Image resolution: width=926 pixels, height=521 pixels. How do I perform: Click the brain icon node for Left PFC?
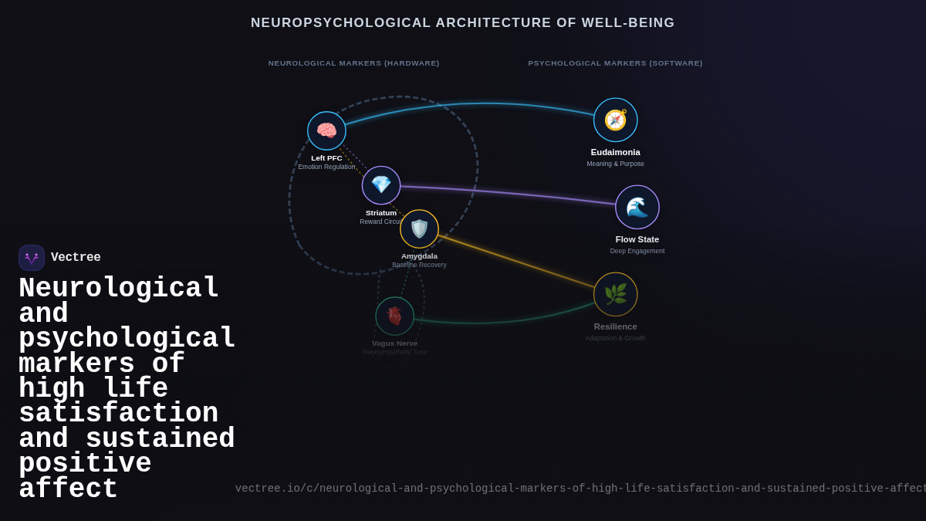[x=326, y=130]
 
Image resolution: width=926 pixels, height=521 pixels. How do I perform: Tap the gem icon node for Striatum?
[x=381, y=185]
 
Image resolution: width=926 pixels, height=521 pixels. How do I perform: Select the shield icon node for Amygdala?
[x=419, y=228]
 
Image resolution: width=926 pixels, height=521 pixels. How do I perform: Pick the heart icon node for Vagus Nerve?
[x=394, y=316]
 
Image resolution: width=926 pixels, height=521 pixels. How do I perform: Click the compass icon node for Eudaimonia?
[x=615, y=120]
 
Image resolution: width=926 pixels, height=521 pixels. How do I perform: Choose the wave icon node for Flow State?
[x=637, y=207]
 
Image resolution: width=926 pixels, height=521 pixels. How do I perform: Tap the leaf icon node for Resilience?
[x=615, y=294]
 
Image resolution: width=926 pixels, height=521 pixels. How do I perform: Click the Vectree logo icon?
[x=32, y=258]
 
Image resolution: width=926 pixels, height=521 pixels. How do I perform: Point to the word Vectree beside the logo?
[x=76, y=258]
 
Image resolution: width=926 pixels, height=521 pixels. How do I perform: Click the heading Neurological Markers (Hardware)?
[x=353, y=63]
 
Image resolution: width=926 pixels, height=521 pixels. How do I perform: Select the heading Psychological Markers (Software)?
[x=615, y=63]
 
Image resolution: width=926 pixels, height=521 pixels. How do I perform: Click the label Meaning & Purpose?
[x=615, y=164]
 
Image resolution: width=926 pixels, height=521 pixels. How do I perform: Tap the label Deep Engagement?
[x=637, y=251]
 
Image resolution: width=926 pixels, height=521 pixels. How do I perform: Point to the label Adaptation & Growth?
[x=615, y=338]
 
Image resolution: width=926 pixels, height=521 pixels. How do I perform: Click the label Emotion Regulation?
[x=326, y=167]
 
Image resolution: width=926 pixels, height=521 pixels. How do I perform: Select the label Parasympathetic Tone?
[x=394, y=352]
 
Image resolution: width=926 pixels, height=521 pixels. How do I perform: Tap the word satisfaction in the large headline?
[x=118, y=414]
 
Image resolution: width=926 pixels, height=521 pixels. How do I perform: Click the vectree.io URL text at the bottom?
[x=579, y=489]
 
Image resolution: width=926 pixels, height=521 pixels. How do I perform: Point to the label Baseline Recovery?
[x=419, y=265]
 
